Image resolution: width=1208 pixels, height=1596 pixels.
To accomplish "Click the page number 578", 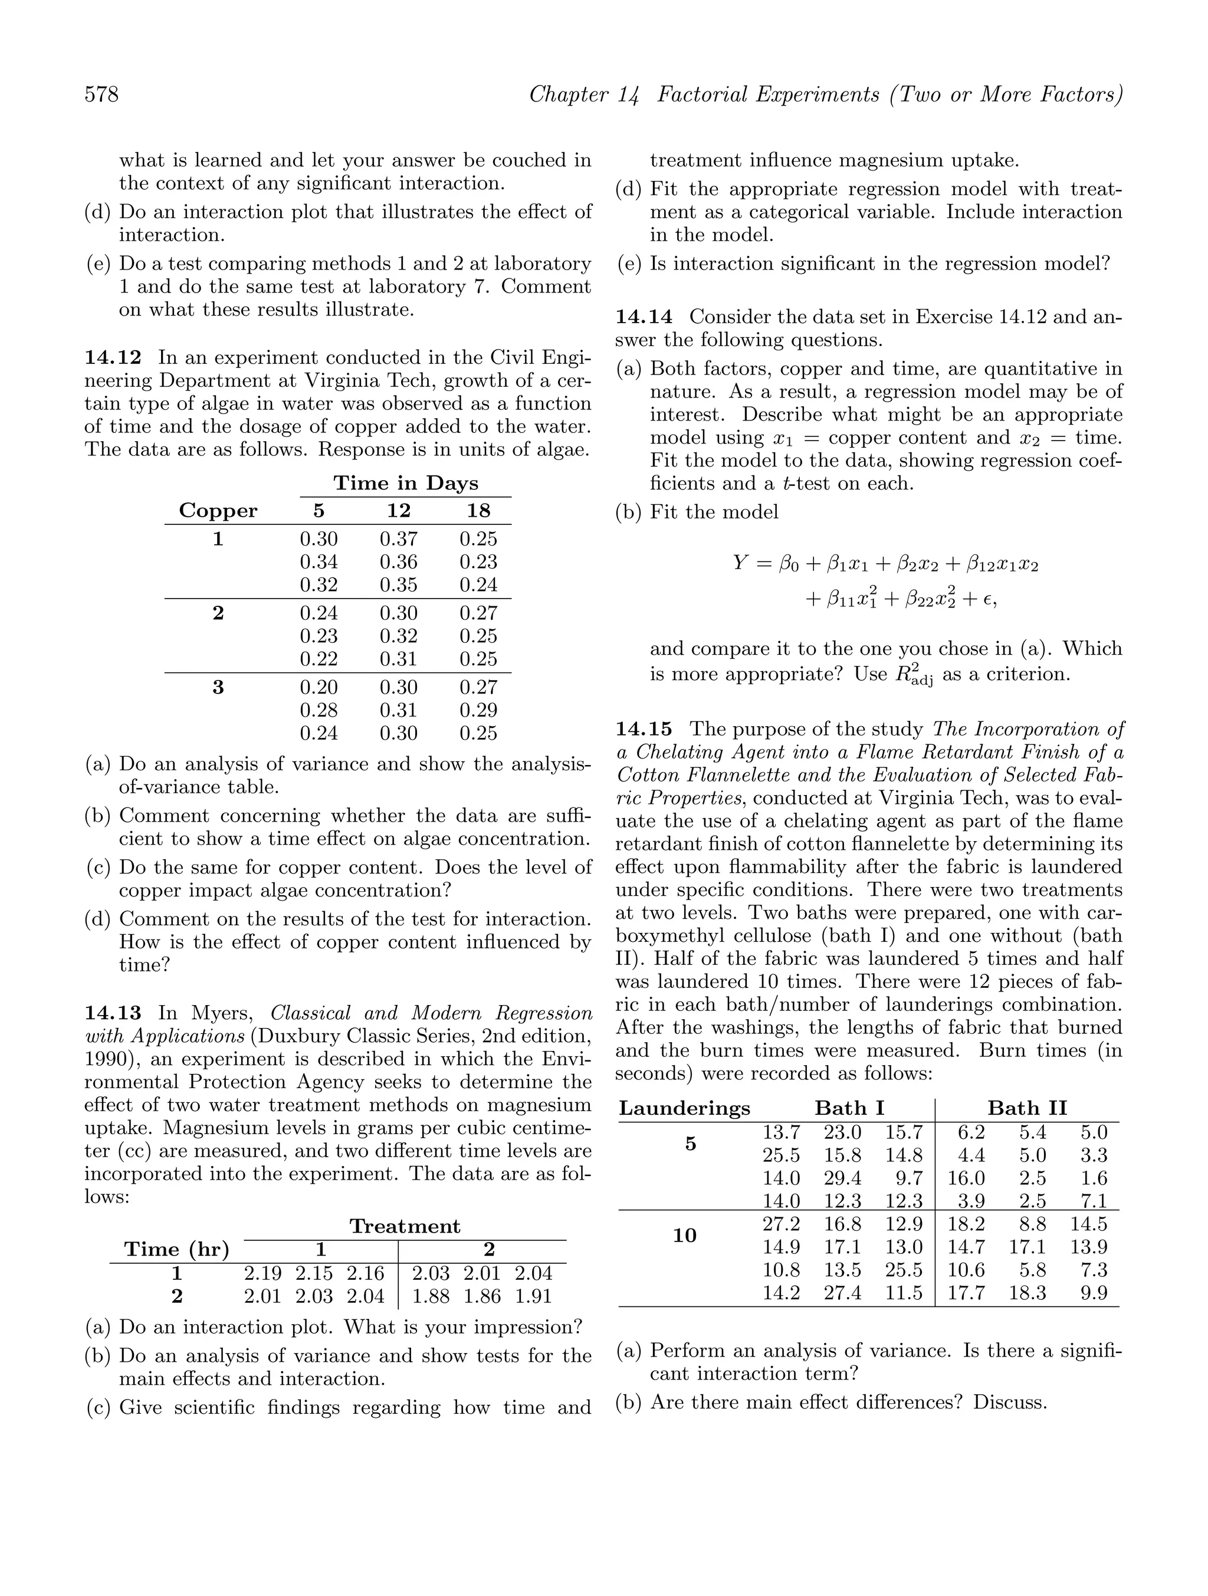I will click(x=102, y=94).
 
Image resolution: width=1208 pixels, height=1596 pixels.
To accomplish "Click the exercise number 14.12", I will click(x=113, y=358).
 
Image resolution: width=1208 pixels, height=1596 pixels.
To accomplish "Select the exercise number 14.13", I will click(x=113, y=1014).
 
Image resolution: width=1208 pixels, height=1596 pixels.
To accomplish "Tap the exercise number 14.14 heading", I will click(x=644, y=317).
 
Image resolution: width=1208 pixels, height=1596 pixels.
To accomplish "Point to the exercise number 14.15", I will click(x=644, y=730).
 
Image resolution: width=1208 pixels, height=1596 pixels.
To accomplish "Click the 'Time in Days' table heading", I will click(x=406, y=484).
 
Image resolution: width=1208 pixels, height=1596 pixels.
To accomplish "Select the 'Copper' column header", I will click(x=218, y=511).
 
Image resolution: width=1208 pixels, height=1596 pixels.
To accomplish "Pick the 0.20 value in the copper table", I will click(x=319, y=688).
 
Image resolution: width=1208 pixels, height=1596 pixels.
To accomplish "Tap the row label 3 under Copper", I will click(x=218, y=688).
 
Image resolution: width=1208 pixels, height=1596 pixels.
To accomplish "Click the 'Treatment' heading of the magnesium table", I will click(x=405, y=1227).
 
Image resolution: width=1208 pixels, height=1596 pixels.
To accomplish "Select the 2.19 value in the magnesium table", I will click(x=262, y=1273).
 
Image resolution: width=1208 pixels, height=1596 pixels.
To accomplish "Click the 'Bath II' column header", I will click(x=1027, y=1108).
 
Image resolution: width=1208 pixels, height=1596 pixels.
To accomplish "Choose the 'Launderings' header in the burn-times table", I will click(x=684, y=1108).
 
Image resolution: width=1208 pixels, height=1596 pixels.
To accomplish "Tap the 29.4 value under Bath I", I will click(x=842, y=1178).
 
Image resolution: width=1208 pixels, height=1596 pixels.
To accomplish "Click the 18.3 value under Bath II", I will click(x=1027, y=1293).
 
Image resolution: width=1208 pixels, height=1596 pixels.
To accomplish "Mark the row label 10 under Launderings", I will click(x=684, y=1236).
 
